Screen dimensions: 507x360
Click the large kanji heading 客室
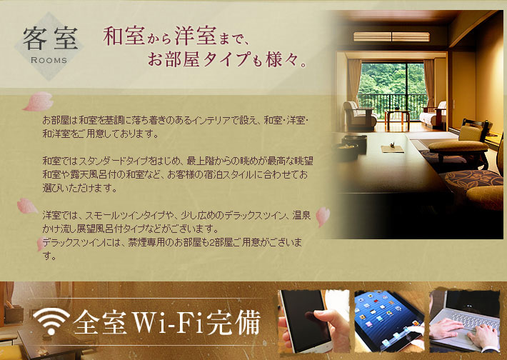[50, 39]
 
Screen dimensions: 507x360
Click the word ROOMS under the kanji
[49, 61]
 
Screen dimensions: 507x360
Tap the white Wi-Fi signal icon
[51, 321]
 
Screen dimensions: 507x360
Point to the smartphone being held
[306, 320]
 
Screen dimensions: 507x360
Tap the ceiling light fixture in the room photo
[391, 36]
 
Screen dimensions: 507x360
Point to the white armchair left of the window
[359, 115]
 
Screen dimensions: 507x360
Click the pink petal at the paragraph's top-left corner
[39, 101]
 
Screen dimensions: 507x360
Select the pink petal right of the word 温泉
[323, 216]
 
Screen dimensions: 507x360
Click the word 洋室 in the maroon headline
[196, 35]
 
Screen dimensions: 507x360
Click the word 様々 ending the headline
[281, 59]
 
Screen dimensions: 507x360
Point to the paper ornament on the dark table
[393, 148]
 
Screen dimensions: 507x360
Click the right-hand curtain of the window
[429, 85]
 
